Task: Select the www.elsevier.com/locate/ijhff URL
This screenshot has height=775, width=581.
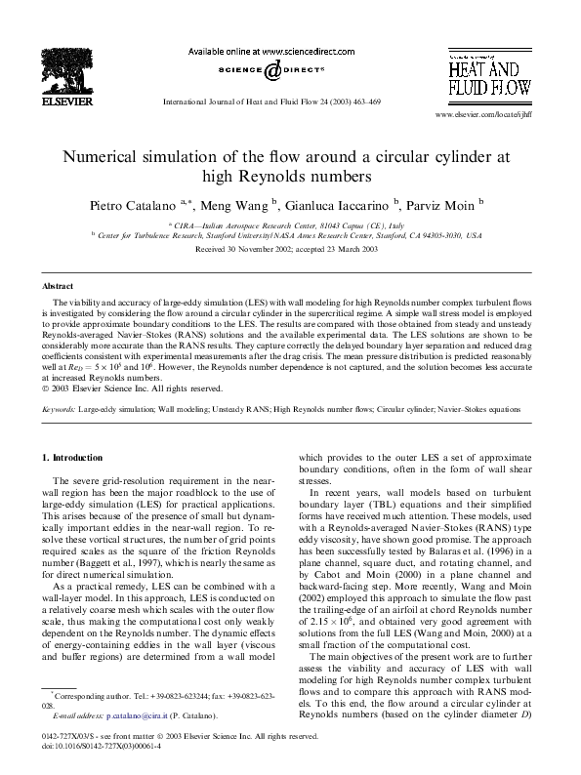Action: pyautogui.click(x=477, y=115)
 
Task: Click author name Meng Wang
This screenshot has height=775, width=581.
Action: pyautogui.click(x=240, y=205)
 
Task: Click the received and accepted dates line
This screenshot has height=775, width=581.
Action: pyautogui.click(x=290, y=250)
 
